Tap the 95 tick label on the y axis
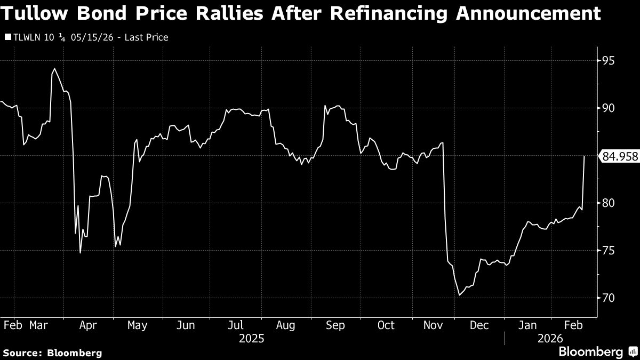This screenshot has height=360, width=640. [609, 61]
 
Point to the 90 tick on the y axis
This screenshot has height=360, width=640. [609, 108]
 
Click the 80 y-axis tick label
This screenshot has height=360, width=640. [609, 203]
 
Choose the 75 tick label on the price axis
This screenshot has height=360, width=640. [609, 251]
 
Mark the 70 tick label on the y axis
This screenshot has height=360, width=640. [609, 298]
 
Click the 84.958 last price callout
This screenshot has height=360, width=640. [619, 156]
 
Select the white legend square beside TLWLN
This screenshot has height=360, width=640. [7, 38]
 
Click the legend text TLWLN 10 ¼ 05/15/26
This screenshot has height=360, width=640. [59, 38]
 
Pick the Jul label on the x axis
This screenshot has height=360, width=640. [236, 325]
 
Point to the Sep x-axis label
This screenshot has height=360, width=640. [335, 325]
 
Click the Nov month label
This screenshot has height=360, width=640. [434, 325]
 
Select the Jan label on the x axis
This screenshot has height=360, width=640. [528, 325]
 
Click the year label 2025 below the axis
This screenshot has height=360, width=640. [251, 338]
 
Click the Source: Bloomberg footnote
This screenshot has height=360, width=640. [52, 353]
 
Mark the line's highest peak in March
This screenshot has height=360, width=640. [54, 69]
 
